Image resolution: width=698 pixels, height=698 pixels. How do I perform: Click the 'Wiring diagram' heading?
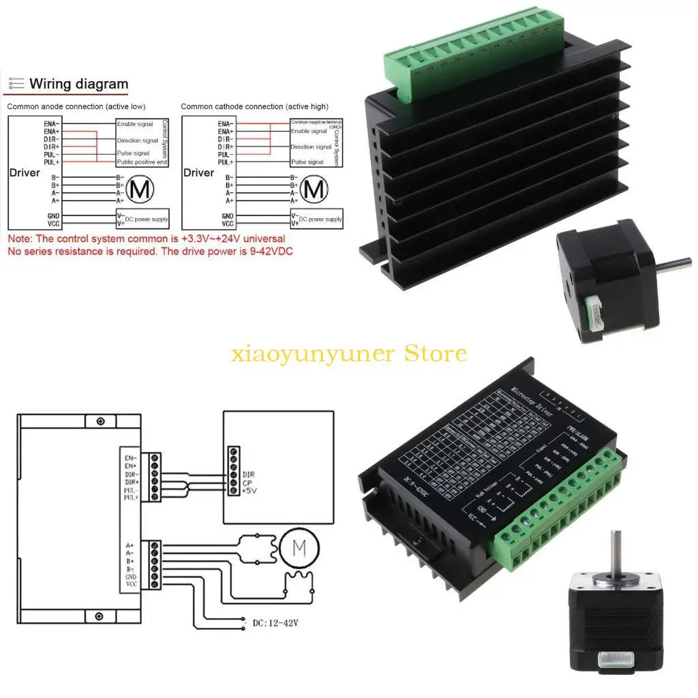tap(78, 85)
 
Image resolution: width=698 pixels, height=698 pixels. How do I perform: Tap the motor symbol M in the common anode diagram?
tap(141, 189)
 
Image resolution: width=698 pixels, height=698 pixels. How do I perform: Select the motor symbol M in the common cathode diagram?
tap(316, 189)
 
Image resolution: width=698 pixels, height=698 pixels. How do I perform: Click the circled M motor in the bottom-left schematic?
tap(297, 547)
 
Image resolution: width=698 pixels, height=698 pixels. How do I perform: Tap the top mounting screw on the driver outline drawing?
tap(100, 420)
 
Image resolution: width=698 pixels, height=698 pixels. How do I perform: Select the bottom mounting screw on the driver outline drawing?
tap(100, 617)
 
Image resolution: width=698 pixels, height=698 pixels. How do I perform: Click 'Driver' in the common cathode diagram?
tap(198, 173)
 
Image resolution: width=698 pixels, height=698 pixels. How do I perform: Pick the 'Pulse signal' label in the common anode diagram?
tap(133, 154)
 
